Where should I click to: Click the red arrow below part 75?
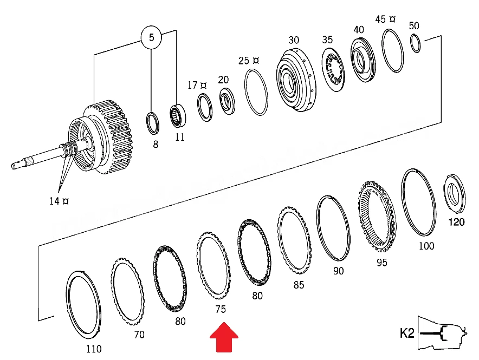pos(224,337)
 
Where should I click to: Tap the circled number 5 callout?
pos(151,37)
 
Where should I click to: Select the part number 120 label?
pos(456,222)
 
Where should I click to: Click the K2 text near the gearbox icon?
pos(407,333)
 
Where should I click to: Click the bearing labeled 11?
pos(178,116)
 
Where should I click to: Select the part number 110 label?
pos(94,349)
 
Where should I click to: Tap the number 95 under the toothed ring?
pos(381,263)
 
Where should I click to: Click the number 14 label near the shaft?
pos(54,201)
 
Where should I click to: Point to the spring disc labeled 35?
pos(333,71)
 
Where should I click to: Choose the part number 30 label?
pos(294,40)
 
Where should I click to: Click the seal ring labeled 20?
pos(227,101)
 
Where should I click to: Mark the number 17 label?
pos(192,85)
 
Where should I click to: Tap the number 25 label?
pos(244,61)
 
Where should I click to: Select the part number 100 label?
pos(426,246)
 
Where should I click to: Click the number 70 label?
pos(139,335)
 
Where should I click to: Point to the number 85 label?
pos(299,285)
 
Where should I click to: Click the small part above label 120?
pos(454,193)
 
